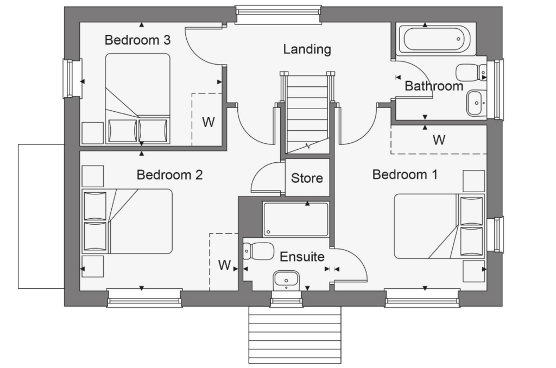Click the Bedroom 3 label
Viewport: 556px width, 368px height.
tap(137, 40)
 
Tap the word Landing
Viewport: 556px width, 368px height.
tap(307, 49)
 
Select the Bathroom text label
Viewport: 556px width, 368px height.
tap(434, 86)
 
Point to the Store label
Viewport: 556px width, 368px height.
tap(307, 178)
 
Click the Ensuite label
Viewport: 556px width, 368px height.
tap(302, 257)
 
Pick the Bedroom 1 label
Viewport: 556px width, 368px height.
tap(405, 174)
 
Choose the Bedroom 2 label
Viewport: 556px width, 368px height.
tap(169, 175)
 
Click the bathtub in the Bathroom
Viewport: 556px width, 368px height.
tap(437, 39)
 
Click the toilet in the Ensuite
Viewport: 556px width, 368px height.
tap(258, 251)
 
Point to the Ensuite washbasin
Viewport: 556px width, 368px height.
tap(287, 280)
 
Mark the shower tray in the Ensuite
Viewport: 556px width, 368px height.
tap(296, 219)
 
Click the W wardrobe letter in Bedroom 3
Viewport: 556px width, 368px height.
tap(208, 122)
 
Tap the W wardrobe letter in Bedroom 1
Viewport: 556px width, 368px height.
tap(439, 140)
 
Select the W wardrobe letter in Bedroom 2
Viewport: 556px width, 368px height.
tap(224, 265)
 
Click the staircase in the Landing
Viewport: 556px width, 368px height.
tap(307, 113)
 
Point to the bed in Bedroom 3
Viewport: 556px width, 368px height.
tap(137, 99)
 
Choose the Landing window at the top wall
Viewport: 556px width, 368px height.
tap(279, 15)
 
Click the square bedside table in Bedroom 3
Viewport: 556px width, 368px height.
tap(92, 133)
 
